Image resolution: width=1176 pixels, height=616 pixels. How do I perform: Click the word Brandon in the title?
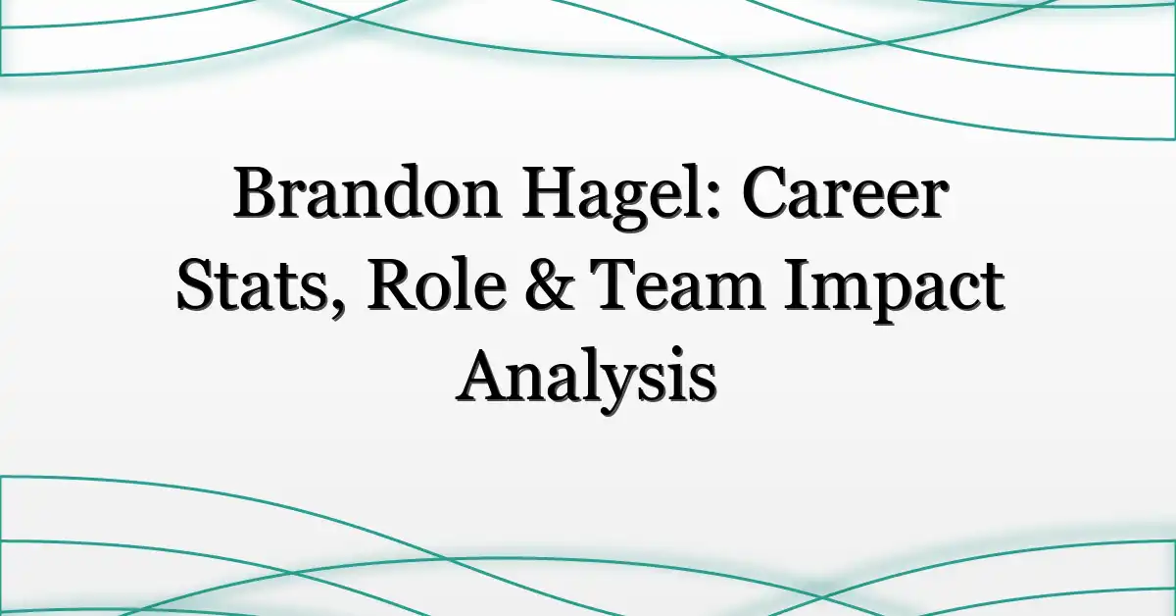[367, 192]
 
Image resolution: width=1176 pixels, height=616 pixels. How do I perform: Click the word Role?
[437, 284]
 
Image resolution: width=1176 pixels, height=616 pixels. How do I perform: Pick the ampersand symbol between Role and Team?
[549, 284]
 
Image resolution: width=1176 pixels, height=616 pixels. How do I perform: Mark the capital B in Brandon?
[257, 192]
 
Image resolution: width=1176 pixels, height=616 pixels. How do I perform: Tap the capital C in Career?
[766, 193]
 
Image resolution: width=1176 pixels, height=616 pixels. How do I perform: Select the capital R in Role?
[394, 284]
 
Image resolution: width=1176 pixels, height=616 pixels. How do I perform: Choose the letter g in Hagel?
[631, 207]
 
